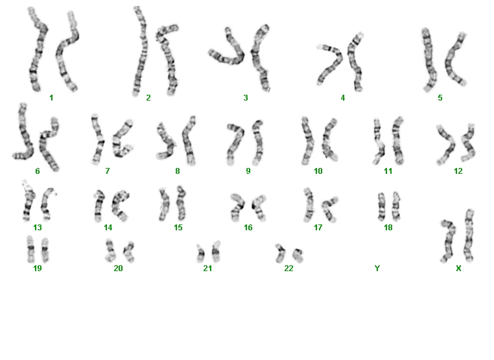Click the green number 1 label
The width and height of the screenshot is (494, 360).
(x=51, y=98)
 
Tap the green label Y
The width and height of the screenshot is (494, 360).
(x=377, y=269)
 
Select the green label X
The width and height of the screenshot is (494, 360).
(x=458, y=269)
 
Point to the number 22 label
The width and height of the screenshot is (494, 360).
(x=288, y=269)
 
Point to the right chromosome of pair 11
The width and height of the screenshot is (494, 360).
(x=397, y=140)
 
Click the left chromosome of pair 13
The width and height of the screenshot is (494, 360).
(x=28, y=202)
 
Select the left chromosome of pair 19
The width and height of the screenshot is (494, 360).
(x=30, y=249)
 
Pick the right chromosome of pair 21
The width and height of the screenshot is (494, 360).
(x=216, y=252)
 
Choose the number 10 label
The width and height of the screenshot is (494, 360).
(x=318, y=171)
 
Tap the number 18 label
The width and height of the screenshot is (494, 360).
(x=388, y=228)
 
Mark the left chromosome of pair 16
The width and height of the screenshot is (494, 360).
(x=238, y=206)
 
